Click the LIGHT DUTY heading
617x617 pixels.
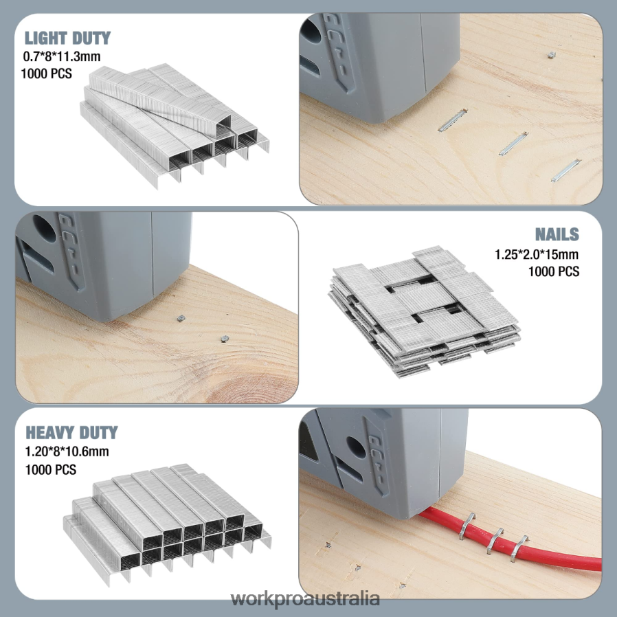[x=67, y=38]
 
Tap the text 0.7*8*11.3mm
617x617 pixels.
[x=62, y=56]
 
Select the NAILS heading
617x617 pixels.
[x=557, y=234]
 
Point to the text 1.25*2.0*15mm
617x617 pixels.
[x=537, y=255]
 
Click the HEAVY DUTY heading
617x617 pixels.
[x=71, y=432]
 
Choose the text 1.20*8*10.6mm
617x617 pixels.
[x=67, y=451]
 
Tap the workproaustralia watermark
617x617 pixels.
[x=305, y=599]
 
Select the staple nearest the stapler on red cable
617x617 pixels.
[x=467, y=526]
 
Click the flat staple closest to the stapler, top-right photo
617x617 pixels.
[x=452, y=120]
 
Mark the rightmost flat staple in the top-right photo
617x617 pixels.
[x=565, y=170]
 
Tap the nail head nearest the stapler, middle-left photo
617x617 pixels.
[x=180, y=319]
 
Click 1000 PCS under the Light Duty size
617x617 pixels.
[x=47, y=74]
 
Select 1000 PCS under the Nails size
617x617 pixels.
[x=553, y=271]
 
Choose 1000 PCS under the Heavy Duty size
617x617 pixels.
[x=51, y=469]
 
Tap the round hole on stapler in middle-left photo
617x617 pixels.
[x=43, y=228]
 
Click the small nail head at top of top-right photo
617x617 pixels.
[x=551, y=55]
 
